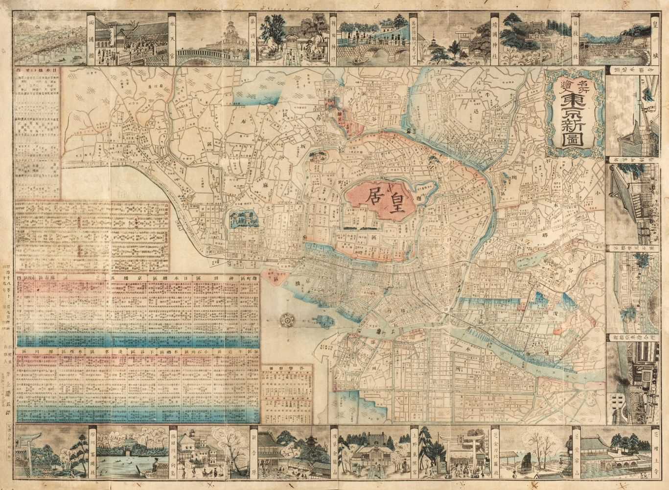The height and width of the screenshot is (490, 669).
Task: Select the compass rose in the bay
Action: point(287,319)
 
